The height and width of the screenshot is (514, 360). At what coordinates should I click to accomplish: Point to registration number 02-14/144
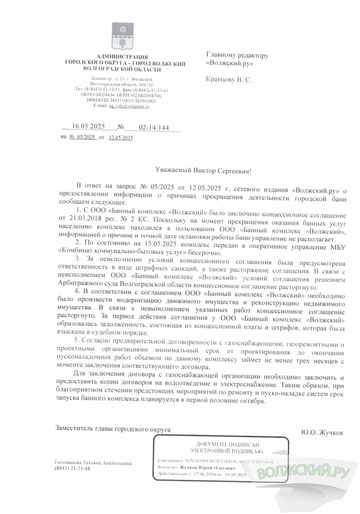click(x=154, y=127)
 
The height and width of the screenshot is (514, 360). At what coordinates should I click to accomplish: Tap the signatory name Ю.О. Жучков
click(x=322, y=433)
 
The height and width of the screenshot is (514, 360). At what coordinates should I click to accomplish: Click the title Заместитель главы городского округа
click(x=113, y=428)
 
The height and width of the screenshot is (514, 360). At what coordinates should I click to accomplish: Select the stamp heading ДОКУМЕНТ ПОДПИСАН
click(x=220, y=444)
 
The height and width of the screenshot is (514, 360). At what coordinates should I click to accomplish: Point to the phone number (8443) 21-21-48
click(x=72, y=468)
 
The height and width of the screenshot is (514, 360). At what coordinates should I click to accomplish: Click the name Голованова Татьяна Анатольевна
click(x=93, y=463)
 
